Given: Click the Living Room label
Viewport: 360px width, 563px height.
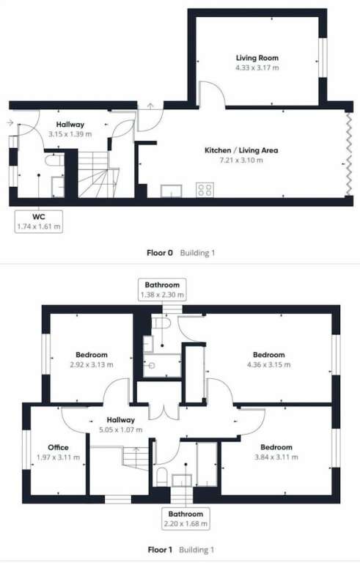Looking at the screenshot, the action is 257,58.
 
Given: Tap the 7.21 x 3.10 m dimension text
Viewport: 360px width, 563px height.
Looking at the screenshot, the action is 241,160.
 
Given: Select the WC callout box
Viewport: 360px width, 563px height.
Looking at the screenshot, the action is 39,222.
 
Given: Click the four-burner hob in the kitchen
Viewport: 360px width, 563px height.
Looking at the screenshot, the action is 205,190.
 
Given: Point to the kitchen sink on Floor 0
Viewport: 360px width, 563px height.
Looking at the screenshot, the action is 172,191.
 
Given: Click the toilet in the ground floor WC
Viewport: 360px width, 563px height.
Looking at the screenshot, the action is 54,160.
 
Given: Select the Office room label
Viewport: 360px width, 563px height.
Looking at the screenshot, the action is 58,447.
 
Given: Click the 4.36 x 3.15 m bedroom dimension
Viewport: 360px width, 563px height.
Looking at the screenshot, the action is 269,365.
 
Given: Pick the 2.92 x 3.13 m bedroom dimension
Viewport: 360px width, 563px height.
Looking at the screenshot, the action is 92,365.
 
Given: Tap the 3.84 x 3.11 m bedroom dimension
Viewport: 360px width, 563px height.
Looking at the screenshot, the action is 276,457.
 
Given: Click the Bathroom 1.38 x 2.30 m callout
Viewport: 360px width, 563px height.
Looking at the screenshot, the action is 162,290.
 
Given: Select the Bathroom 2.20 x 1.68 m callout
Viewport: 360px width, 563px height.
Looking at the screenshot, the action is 185,518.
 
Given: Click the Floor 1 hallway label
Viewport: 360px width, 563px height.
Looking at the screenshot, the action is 121,420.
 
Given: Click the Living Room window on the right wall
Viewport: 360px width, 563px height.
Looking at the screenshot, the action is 323,57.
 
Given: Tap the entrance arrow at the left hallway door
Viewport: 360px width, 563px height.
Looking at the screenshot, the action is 10,123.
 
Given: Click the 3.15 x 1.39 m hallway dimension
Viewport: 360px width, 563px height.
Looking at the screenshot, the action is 70,134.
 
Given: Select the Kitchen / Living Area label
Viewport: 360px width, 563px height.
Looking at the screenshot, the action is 241,150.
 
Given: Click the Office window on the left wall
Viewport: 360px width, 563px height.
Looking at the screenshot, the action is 26,449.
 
